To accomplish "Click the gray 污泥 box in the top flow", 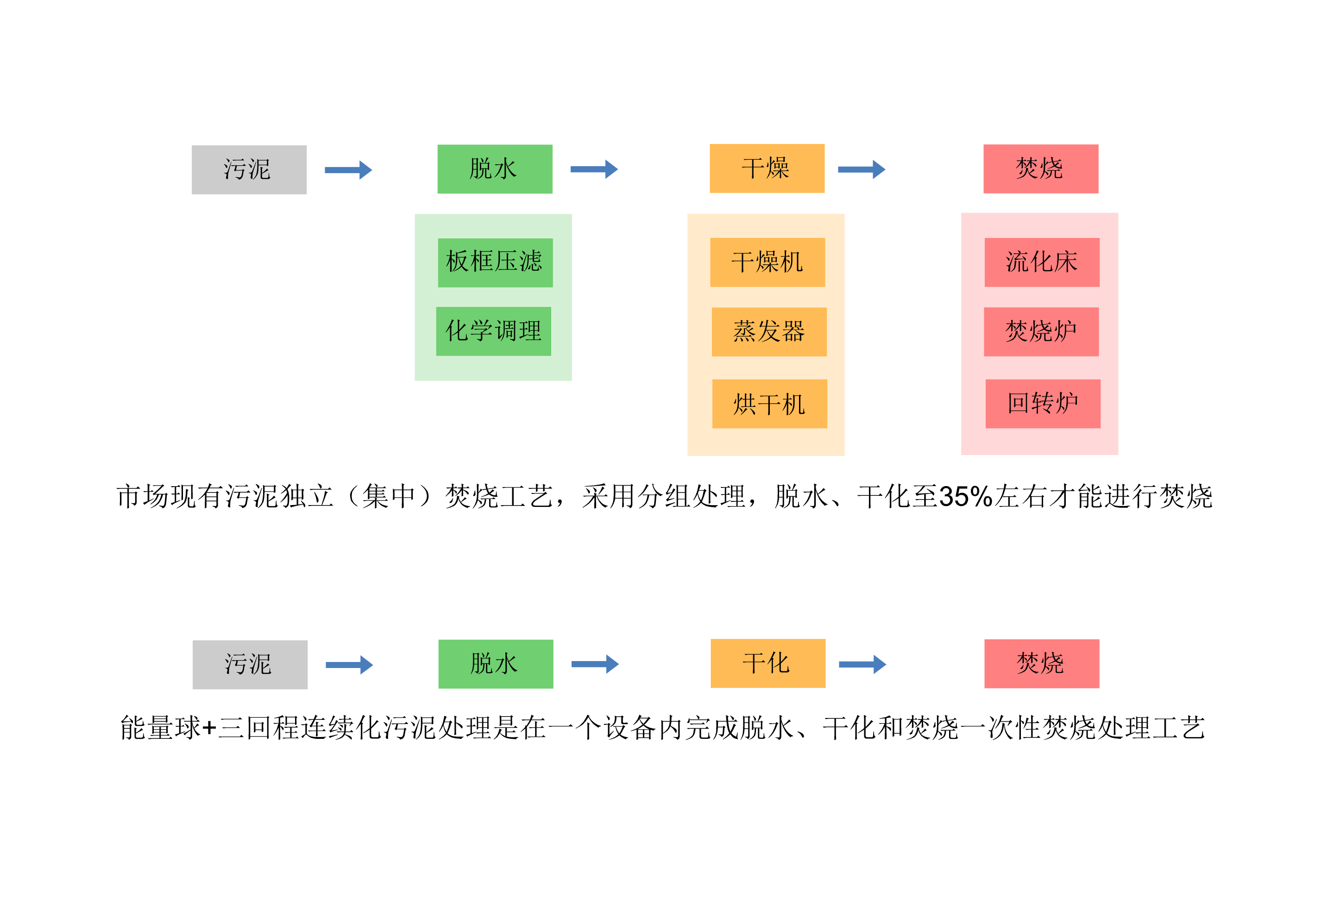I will coord(249,170).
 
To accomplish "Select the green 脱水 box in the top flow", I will coord(494,169).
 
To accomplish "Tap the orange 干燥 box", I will coord(767,169).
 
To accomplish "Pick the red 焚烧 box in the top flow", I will coord(1040,169).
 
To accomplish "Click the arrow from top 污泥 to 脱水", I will coord(348,170).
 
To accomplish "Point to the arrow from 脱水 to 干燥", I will coord(594,169).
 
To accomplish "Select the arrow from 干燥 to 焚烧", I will coord(861,169).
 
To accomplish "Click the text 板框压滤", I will coord(494,261).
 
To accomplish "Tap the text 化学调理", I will coord(494,331).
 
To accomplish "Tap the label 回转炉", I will coord(1042,403).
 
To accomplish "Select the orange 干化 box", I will coord(767,663).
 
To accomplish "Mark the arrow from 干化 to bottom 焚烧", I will coord(862,664).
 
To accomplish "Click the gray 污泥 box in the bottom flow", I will coord(250,664).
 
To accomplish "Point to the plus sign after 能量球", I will coord(209,728).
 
